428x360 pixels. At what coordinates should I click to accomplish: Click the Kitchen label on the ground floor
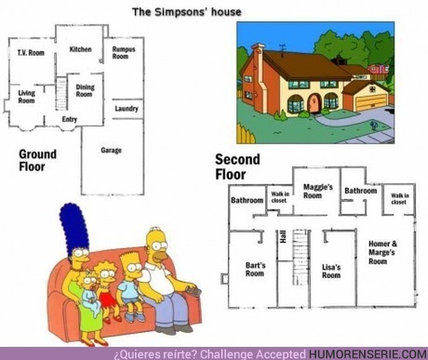80,49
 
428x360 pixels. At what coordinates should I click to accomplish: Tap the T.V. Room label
31,53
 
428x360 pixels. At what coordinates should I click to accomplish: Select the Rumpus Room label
120,53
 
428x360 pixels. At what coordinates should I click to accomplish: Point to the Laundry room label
126,109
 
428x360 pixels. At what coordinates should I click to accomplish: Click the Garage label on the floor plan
111,151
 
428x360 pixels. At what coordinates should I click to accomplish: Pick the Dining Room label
85,91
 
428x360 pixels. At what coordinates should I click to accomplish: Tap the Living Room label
27,97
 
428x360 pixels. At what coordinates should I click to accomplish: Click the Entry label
69,119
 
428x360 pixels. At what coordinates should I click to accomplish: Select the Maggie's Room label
318,191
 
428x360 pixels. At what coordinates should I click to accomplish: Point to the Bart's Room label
255,270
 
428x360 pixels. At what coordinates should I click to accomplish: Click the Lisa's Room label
331,271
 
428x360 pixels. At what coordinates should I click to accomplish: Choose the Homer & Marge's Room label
382,252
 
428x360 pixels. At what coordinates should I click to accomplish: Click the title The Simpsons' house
186,11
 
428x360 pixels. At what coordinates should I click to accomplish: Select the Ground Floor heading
38,160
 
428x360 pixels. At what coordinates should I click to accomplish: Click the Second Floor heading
237,167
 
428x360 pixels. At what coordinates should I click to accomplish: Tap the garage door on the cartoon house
370,102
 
